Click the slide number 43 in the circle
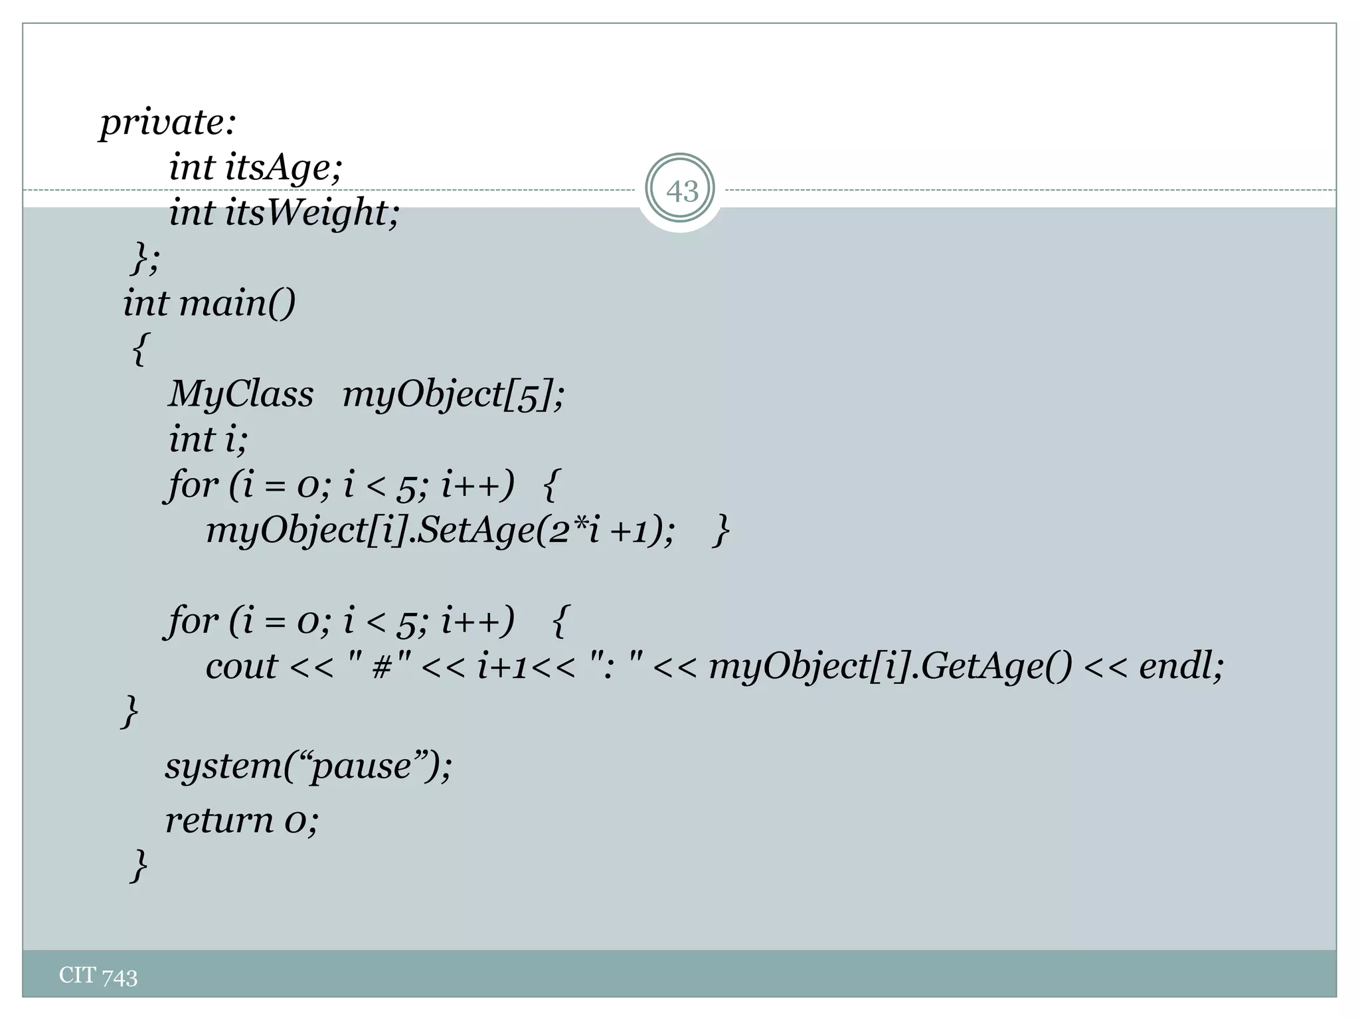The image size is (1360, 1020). pyautogui.click(x=681, y=191)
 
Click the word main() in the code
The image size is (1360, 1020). pyautogui.click(x=237, y=303)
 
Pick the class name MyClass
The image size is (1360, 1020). pyautogui.click(x=240, y=394)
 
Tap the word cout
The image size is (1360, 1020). pyautogui.click(x=241, y=667)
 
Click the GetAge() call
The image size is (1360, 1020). pyautogui.click(x=995, y=667)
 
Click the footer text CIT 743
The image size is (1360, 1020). pyautogui.click(x=98, y=976)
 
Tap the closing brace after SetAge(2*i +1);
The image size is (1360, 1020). pyautogui.click(x=721, y=531)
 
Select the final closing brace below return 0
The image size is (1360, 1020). pyautogui.click(x=138, y=865)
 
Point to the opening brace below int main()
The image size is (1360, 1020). pyautogui.click(x=139, y=349)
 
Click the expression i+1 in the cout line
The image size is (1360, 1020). pyautogui.click(x=501, y=667)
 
